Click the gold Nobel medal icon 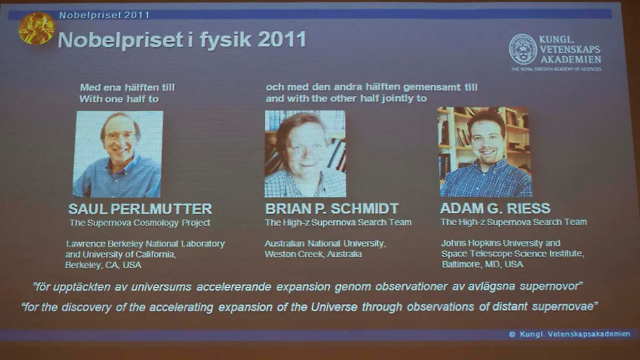coord(36,28)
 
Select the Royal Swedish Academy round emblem coord(522,49)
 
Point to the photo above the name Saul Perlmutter coord(117,154)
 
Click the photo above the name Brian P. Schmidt coord(304,154)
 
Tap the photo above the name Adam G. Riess coord(484,152)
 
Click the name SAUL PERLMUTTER coord(140,209)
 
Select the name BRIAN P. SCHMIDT coord(331,209)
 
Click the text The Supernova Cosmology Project coord(139,223)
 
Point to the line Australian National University coord(325,244)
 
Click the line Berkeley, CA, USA coord(103,265)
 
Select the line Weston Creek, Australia coord(313,254)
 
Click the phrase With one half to coord(119,99)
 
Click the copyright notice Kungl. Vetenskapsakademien coord(570,334)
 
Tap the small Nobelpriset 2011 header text coord(104,14)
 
